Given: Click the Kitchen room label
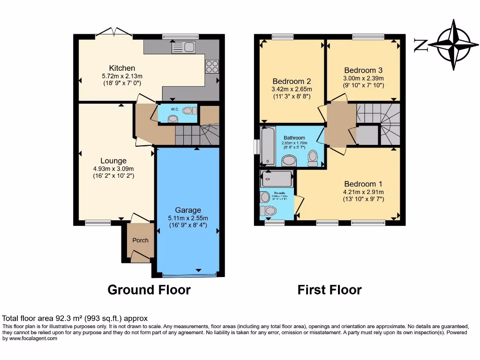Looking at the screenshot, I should [122, 68].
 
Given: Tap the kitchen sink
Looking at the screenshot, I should [184, 47].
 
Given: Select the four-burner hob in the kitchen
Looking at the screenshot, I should [211, 67].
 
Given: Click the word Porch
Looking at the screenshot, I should [140, 240].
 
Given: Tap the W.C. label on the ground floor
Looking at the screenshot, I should [175, 109].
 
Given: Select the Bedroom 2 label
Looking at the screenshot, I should [292, 81].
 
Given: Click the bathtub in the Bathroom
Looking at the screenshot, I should [269, 146].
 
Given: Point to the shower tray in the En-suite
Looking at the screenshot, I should [277, 179].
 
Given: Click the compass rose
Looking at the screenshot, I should [452, 45].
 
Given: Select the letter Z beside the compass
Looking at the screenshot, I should [420, 45].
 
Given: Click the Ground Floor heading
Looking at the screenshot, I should [149, 290].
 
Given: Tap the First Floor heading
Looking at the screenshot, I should [330, 290].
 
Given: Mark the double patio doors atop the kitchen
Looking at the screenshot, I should [114, 33].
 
